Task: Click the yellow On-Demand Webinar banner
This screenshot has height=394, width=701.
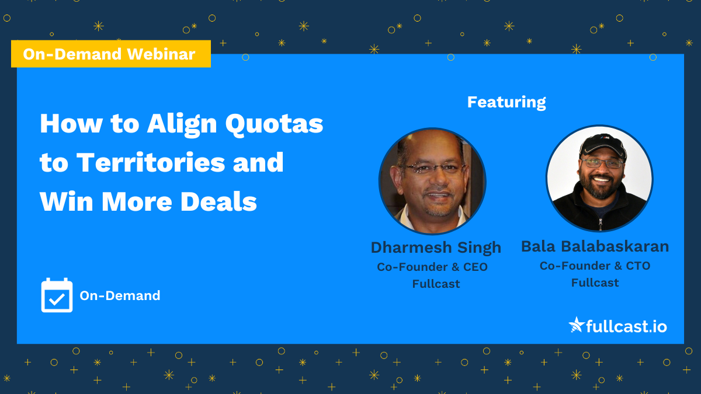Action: [110, 54]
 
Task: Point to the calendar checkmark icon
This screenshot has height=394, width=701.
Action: [57, 296]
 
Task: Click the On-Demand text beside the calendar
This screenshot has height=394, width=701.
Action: [120, 296]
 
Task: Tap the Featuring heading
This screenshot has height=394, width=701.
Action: [506, 102]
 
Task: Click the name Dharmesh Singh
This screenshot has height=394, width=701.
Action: [436, 247]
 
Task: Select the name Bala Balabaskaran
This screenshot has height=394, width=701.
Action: [595, 246]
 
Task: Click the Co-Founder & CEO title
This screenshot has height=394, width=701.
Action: [432, 267]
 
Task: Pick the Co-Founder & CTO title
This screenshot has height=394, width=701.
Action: [595, 266]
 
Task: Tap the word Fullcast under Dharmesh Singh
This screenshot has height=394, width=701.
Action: [436, 284]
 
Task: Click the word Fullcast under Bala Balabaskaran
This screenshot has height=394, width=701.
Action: [595, 283]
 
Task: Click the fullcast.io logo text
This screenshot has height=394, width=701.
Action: [626, 325]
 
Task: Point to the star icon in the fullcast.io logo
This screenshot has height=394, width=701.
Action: [577, 325]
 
